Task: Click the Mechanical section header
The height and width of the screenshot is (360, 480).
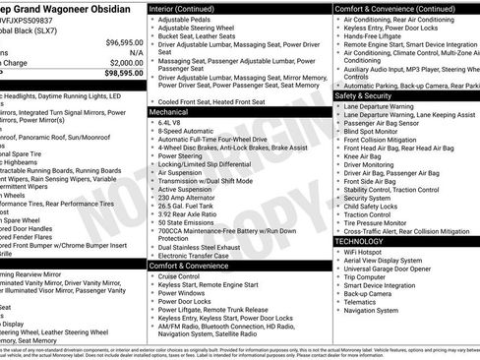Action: [168, 112]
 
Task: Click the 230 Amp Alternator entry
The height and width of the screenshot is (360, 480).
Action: [188, 197]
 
